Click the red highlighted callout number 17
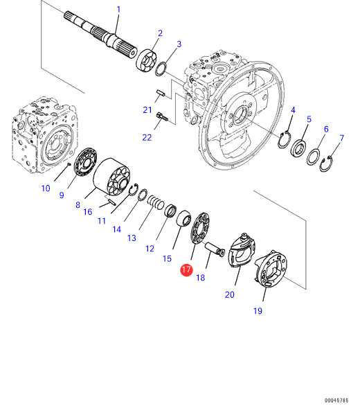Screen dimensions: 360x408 186,270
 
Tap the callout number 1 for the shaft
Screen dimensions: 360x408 118,10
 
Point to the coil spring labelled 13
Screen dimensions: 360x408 156,203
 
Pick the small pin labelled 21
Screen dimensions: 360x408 160,93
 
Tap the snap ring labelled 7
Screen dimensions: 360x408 326,164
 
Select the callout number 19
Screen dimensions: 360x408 258,311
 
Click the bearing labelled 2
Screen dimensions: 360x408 147,61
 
